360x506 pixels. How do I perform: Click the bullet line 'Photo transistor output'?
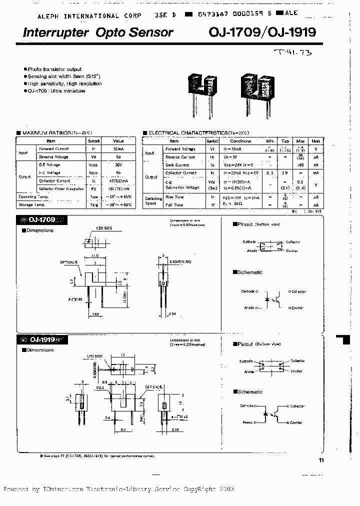(x=54, y=69)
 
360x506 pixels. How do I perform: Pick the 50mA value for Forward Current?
(x=118, y=149)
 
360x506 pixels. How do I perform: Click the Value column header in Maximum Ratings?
(x=118, y=141)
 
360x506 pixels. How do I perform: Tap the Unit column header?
(x=316, y=141)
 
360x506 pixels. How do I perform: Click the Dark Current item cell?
(x=177, y=164)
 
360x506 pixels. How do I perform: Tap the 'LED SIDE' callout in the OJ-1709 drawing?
(x=104, y=228)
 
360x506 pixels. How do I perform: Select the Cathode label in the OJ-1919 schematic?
(x=247, y=405)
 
